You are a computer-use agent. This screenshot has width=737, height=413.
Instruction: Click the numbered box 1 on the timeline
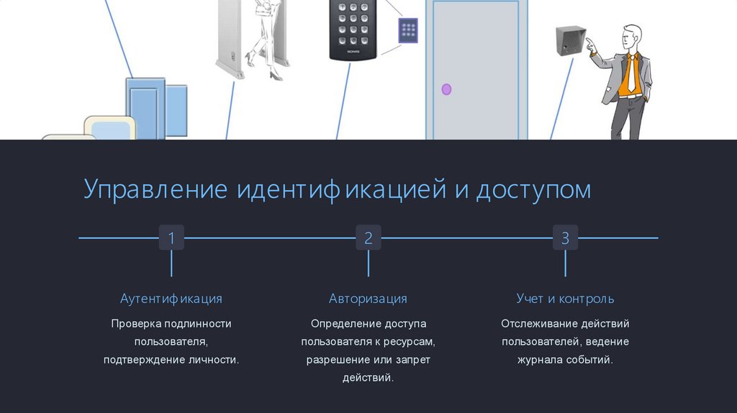tap(171, 237)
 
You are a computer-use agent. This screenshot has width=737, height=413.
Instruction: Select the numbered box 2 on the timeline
tap(368, 237)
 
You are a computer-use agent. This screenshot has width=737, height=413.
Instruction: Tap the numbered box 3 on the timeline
tap(565, 237)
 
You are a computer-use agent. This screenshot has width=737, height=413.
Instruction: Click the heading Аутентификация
tap(171, 299)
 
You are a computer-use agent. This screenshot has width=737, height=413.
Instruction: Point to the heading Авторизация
tap(368, 299)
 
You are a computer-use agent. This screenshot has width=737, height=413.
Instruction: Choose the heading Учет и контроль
tap(565, 299)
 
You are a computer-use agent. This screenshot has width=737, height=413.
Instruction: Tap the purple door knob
tap(446, 89)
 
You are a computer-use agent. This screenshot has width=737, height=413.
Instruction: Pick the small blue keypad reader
tap(408, 30)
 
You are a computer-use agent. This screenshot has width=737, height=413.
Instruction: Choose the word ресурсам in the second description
tap(408, 342)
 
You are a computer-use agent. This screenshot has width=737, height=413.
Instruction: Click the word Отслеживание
tap(537, 324)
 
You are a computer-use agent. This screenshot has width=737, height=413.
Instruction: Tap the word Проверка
tap(136, 324)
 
